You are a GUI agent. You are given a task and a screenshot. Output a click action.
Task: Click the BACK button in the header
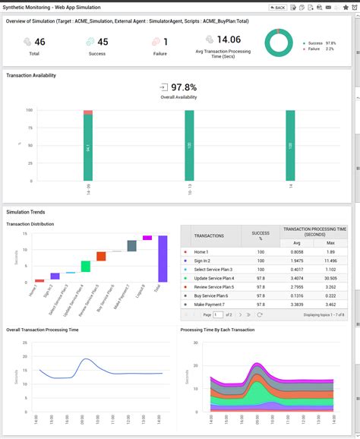(x=278, y=7)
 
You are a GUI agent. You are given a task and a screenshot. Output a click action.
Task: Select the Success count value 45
(x=103, y=42)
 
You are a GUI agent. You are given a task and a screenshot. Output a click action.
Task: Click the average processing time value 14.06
(x=229, y=39)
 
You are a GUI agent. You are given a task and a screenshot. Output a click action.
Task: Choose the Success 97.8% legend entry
(x=321, y=43)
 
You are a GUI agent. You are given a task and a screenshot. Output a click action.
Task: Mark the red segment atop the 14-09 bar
(x=88, y=112)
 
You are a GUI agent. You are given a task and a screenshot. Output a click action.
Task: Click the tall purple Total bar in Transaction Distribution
(x=163, y=259)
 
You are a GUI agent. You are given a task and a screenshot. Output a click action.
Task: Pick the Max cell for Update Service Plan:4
(x=330, y=278)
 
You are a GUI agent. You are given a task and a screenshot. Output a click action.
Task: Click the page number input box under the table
(x=218, y=314)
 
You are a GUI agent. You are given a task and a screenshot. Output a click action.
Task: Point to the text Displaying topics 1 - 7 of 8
(x=323, y=314)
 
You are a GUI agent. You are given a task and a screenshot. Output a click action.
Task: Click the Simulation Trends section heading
(x=26, y=212)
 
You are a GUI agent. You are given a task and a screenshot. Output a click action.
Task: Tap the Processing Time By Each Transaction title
(x=217, y=330)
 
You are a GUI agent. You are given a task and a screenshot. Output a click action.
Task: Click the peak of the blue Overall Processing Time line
(x=87, y=359)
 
